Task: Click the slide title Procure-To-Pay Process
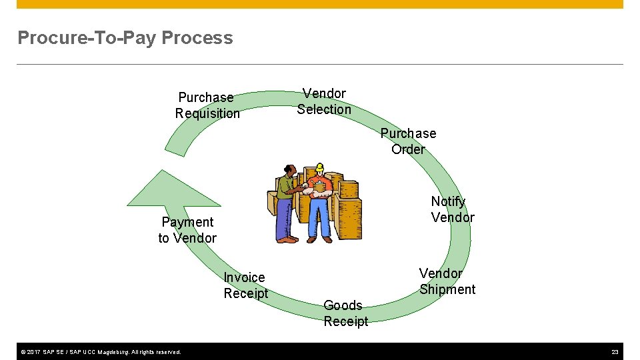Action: (125, 38)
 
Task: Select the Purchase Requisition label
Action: (207, 105)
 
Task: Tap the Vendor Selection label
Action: (324, 101)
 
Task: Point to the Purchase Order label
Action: (408, 141)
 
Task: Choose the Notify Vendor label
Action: (453, 209)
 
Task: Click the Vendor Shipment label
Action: (447, 281)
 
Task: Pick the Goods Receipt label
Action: (345, 313)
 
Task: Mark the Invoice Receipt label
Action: (245, 285)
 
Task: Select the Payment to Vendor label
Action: (187, 230)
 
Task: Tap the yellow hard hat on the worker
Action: (320, 167)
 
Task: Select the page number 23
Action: (614, 351)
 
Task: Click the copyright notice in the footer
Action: (100, 351)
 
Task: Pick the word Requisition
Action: (207, 113)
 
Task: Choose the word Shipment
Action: (447, 289)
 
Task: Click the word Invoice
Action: (244, 277)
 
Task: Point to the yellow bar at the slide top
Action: (320, 4)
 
